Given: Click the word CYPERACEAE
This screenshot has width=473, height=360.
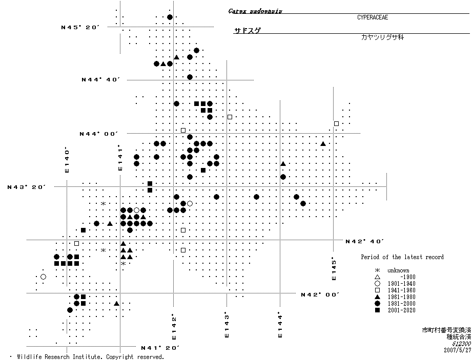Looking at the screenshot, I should tap(373, 17).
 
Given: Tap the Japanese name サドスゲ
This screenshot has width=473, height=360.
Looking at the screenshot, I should tap(248, 31).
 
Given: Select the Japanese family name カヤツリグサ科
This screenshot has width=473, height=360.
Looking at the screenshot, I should tap(382, 38).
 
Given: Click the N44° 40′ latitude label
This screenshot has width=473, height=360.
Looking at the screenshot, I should tap(100, 80).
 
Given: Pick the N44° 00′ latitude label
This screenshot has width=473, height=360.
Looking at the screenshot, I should tap(98, 134).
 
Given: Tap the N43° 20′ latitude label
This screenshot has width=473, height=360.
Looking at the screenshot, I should tap(27, 187).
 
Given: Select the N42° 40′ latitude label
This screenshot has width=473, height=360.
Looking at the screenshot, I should tap(364, 241).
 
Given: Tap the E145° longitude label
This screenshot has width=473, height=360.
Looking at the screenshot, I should tap(334, 268).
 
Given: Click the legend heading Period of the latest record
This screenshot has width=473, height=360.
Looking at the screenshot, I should tap(402, 257).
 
